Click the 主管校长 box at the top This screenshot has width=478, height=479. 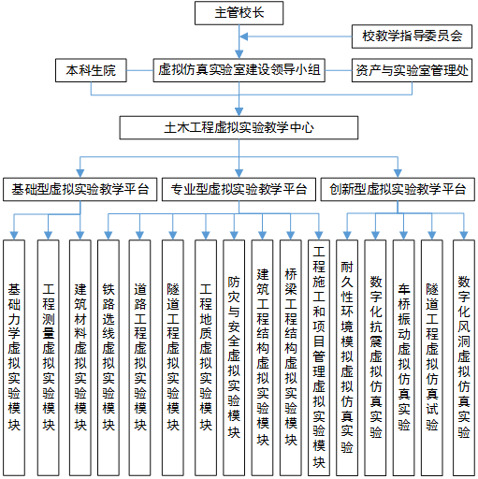pyautogui.click(x=239, y=13)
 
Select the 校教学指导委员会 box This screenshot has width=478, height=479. pyautogui.click(x=412, y=36)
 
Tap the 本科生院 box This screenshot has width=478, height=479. pyautogui.click(x=91, y=70)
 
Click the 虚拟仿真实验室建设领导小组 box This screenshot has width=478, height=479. pyautogui.click(x=239, y=70)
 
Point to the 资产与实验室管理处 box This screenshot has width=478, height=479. pyautogui.click(x=412, y=70)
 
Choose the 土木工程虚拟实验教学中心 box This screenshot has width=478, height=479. pyautogui.click(x=239, y=128)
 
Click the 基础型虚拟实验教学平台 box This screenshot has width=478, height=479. pyautogui.click(x=80, y=189)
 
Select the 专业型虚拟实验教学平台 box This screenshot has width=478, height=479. pyautogui.click(x=239, y=189)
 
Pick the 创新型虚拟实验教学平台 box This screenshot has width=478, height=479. pyautogui.click(x=398, y=189)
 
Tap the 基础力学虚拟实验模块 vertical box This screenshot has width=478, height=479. pyautogui.click(x=14, y=357)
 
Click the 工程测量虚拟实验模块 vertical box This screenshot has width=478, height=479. pyautogui.click(x=49, y=357)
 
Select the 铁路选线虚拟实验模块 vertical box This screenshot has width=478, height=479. pyautogui.click(x=109, y=357)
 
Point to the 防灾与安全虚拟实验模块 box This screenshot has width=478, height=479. pyautogui.click(x=234, y=357)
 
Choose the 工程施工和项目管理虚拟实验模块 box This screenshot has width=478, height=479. pyautogui.click(x=319, y=357)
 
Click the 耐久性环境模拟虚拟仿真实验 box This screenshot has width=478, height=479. pyautogui.click(x=347, y=357)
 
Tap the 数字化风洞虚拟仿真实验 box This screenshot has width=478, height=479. pyautogui.click(x=464, y=357)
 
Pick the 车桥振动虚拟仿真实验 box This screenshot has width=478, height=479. pyautogui.click(x=404, y=357)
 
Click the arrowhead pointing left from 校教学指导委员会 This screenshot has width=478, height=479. pyautogui.click(x=244, y=36)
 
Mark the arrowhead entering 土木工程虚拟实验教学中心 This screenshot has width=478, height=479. pyautogui.click(x=239, y=112)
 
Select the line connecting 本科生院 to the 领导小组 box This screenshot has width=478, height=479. pyautogui.click(x=139, y=70)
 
